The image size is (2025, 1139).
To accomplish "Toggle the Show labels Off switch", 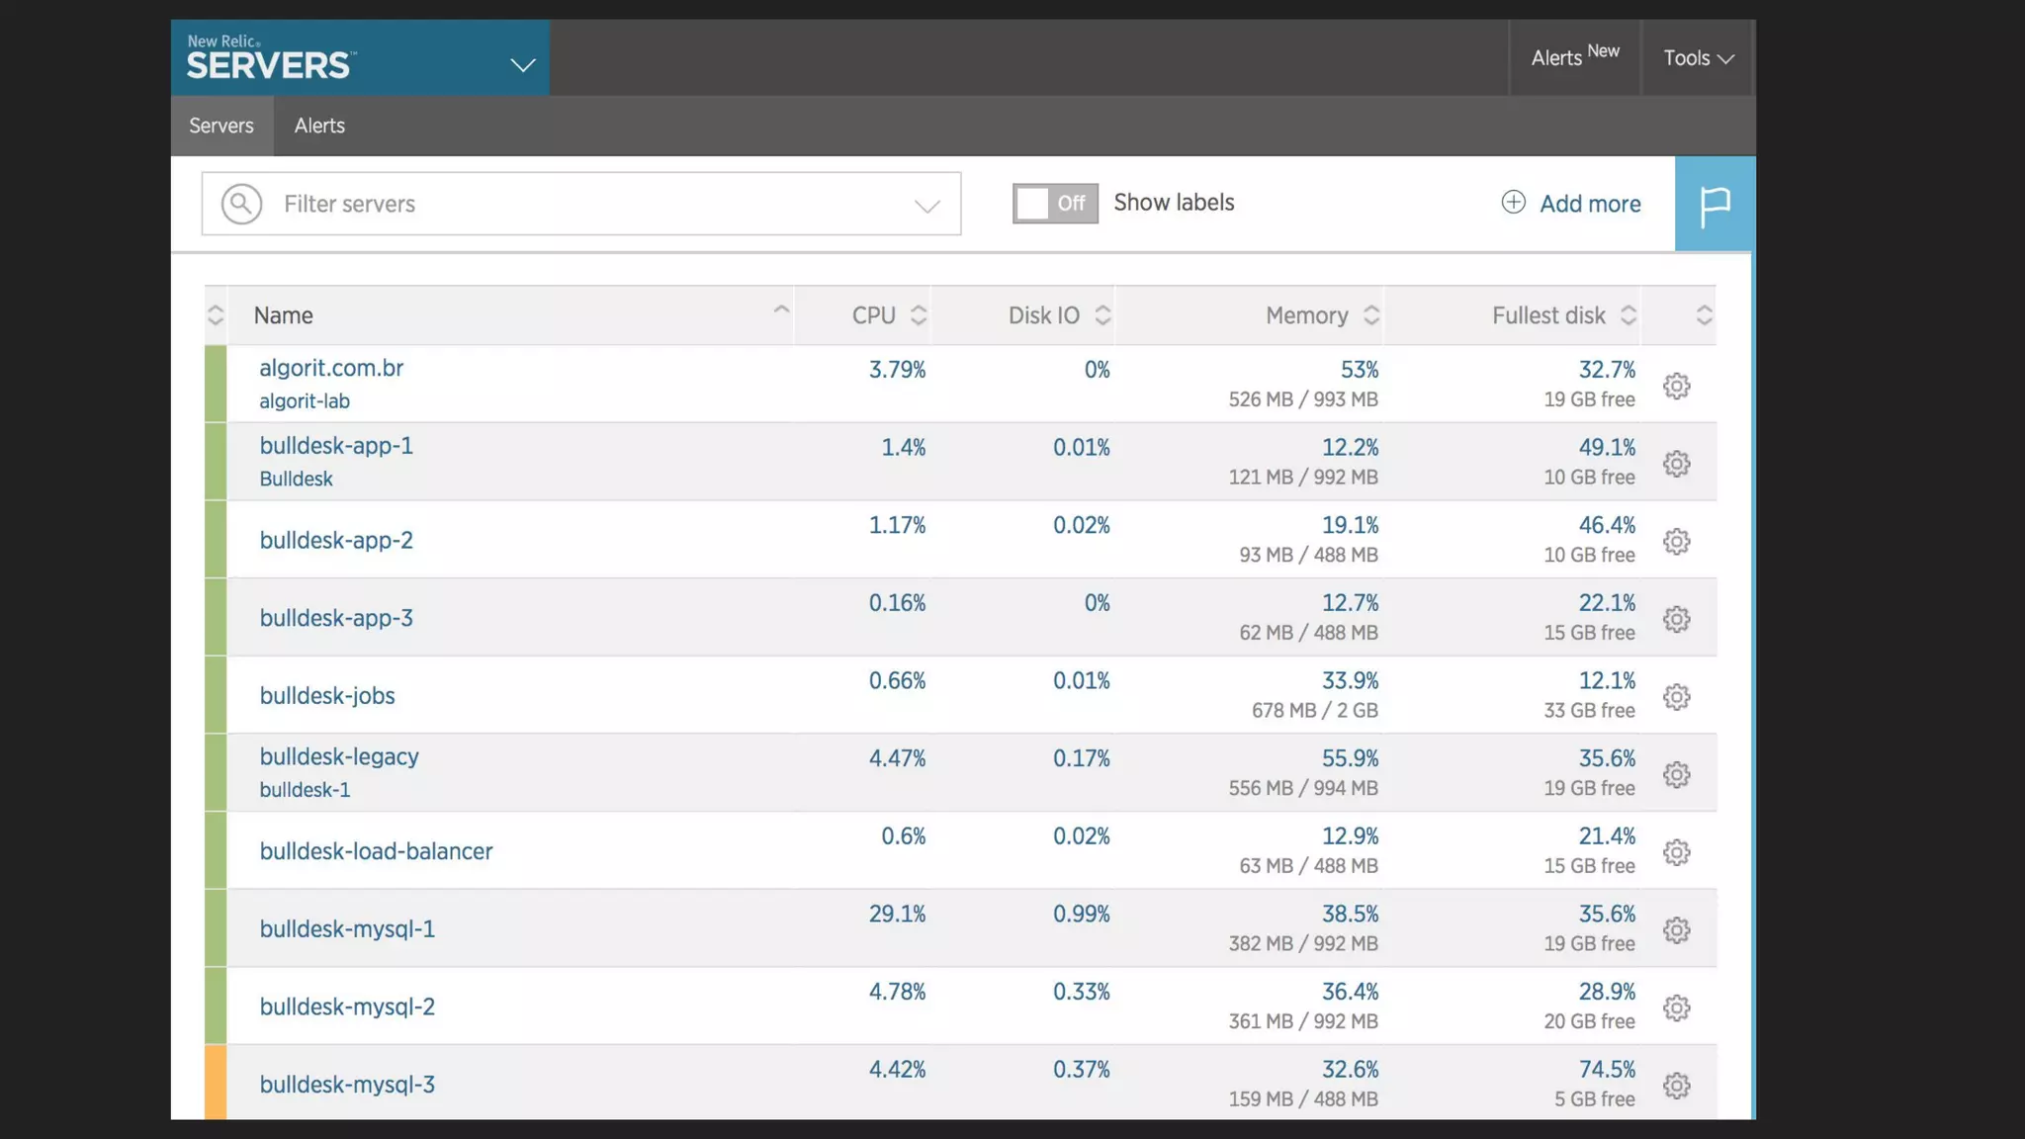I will (1054, 204).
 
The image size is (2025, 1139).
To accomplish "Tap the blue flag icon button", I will (1715, 205).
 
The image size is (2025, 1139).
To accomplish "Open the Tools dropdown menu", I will (1698, 58).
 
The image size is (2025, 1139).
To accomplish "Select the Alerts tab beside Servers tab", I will (319, 126).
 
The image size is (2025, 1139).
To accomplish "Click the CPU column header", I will (874, 315).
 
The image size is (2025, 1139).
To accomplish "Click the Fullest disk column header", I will (1548, 315).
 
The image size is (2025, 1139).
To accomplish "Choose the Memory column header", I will (1307, 315).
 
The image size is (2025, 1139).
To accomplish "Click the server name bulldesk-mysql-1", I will (347, 928).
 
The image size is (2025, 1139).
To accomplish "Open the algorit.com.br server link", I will (331, 368).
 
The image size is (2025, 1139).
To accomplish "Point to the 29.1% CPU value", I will (897, 914).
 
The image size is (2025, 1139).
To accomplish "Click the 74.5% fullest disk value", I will (1607, 1069).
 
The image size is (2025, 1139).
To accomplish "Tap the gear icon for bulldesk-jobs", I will (1676, 697).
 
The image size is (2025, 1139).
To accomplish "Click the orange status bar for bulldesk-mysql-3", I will (216, 1083).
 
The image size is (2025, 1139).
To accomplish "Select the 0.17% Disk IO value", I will (1081, 758).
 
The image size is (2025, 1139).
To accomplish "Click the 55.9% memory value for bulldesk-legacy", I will (1350, 758).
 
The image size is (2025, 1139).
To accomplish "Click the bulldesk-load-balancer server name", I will (376, 851).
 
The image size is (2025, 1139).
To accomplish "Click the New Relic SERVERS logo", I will (269, 58).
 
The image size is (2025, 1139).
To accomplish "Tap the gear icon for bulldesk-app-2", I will (1676, 542).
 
